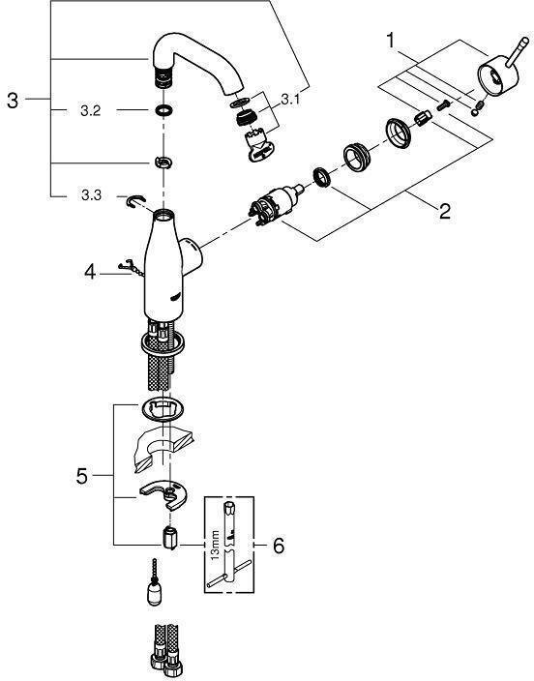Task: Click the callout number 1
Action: pos(391,41)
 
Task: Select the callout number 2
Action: pos(444,212)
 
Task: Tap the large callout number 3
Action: pos(13,101)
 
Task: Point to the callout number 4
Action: pos(90,273)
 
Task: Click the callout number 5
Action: pos(81,477)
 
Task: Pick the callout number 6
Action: pos(279,546)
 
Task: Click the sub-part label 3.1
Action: pos(290,100)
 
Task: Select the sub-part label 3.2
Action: pos(90,111)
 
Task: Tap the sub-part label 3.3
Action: pos(91,195)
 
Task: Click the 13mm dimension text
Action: pos(216,546)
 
